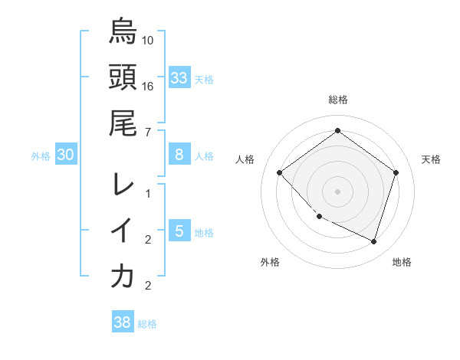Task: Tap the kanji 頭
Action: point(123,77)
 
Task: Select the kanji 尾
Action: point(123,123)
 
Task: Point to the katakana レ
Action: point(123,184)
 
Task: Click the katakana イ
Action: point(123,230)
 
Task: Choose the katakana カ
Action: point(123,276)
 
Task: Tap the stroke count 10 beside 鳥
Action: point(148,40)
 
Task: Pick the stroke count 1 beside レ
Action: point(148,193)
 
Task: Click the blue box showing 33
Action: point(179,77)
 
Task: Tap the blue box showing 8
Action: point(179,155)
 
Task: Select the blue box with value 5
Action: point(179,231)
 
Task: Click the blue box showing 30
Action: point(65,155)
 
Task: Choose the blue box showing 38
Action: point(122,322)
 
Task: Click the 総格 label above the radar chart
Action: point(337,100)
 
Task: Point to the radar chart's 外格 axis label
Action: point(270,262)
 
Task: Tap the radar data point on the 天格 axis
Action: point(396,172)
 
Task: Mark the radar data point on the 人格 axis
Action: point(280,172)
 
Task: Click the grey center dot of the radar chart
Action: point(337,191)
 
